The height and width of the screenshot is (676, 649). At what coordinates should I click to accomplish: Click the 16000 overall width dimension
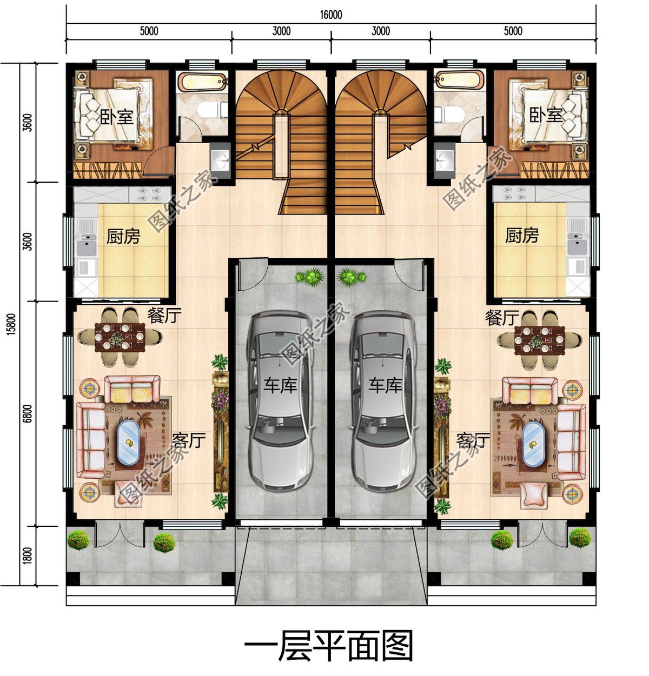coord(331,15)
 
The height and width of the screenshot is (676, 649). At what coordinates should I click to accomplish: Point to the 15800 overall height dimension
coord(11,324)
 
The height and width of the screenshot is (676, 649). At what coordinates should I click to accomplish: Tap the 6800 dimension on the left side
coord(28,413)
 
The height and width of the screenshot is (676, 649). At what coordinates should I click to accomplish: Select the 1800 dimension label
coord(28,555)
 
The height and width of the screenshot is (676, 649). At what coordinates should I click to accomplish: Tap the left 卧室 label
coord(117,116)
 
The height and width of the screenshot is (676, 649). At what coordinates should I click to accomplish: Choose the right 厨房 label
coord(522,236)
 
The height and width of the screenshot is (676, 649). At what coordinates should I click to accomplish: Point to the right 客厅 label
coord(473,441)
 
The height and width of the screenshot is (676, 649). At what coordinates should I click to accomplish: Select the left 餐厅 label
coord(164,316)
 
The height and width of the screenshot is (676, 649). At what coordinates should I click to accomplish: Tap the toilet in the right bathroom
coord(449,115)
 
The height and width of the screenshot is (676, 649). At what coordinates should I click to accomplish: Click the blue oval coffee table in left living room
coord(129,442)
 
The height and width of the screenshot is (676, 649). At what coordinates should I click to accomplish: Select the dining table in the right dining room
coord(540,340)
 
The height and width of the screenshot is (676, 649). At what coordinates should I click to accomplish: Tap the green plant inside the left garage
coord(309,277)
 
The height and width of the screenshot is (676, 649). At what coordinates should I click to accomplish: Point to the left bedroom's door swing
coord(159,160)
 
